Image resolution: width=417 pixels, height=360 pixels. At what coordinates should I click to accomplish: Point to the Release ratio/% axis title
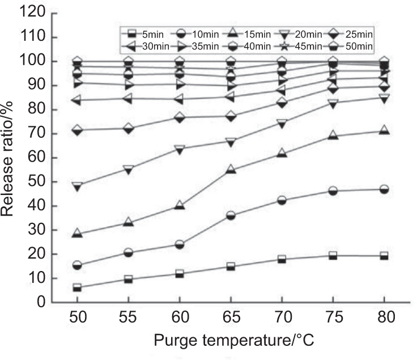coord(10,158)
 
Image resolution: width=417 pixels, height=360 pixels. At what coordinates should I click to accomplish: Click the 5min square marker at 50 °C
coord(77,288)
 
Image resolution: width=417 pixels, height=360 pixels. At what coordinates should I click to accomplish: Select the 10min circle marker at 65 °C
coord(231,215)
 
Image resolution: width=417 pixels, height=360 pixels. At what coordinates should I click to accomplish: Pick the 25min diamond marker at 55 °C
coord(128,128)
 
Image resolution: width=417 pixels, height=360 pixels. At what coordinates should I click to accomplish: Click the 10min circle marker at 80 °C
coord(384,189)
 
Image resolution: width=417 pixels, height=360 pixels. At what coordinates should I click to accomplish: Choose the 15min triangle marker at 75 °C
coord(333,135)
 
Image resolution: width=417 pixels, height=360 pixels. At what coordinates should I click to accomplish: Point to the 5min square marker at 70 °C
coord(282,259)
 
